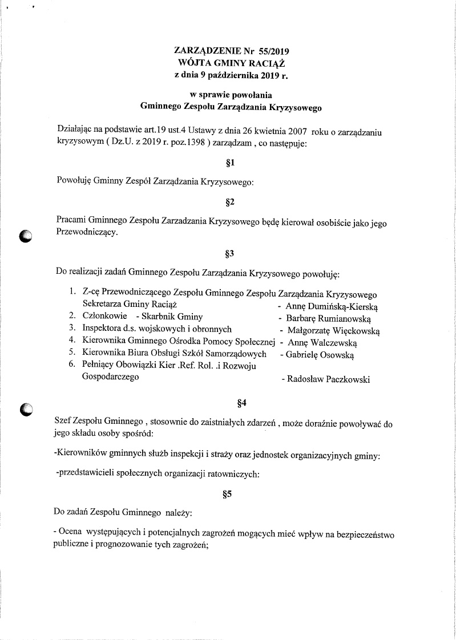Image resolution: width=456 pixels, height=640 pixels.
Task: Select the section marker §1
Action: click(x=231, y=164)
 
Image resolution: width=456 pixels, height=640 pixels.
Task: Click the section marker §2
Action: click(x=231, y=202)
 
